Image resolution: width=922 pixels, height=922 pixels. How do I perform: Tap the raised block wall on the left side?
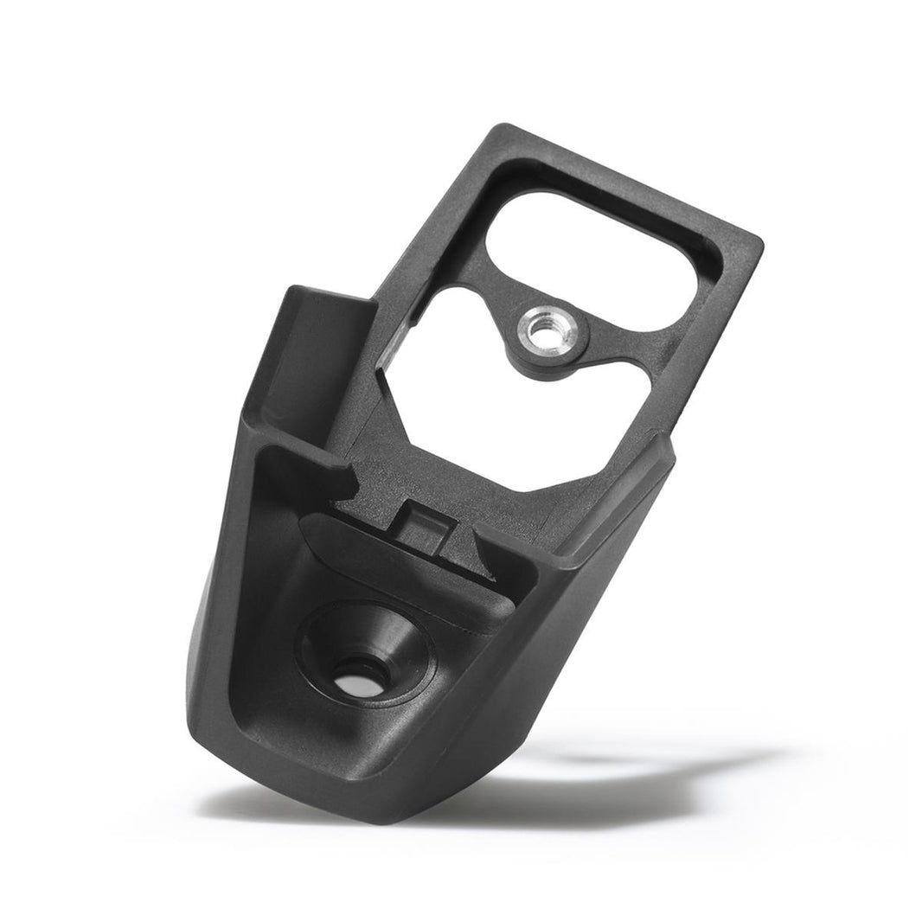click(x=320, y=346)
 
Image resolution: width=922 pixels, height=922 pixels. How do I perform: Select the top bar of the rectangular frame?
click(x=623, y=173)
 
